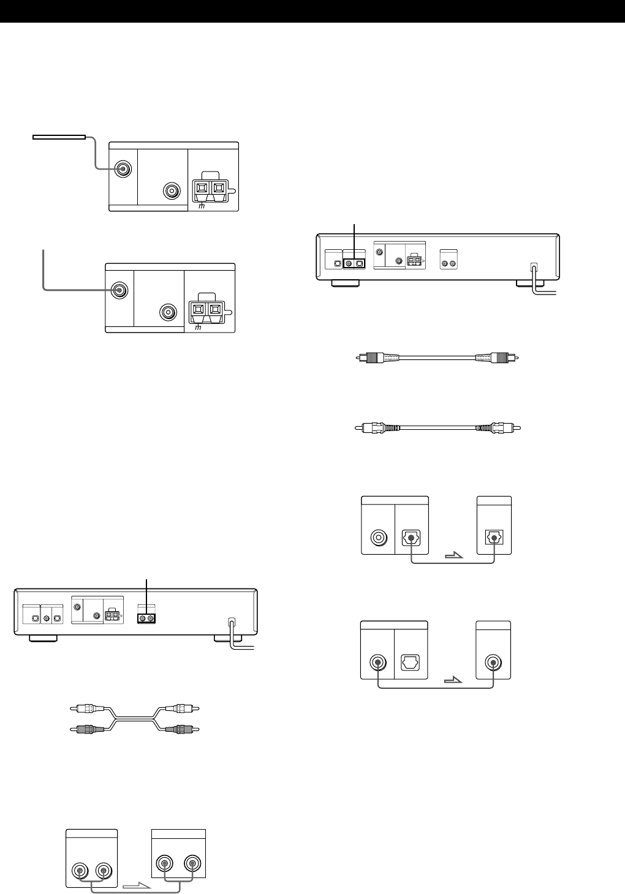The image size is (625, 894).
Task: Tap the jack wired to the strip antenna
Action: (x=123, y=169)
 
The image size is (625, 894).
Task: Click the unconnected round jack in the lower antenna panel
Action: (x=169, y=312)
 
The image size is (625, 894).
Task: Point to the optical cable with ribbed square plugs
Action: (x=438, y=358)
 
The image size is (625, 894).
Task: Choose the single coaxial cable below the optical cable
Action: (x=438, y=427)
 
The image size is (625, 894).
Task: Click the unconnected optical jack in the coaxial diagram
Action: (x=410, y=663)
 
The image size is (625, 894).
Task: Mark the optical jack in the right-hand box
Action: (x=494, y=536)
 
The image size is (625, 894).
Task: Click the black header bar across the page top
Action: (x=312, y=11)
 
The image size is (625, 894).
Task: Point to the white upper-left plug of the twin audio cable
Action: (x=85, y=708)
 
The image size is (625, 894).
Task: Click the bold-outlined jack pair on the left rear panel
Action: (x=146, y=618)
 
